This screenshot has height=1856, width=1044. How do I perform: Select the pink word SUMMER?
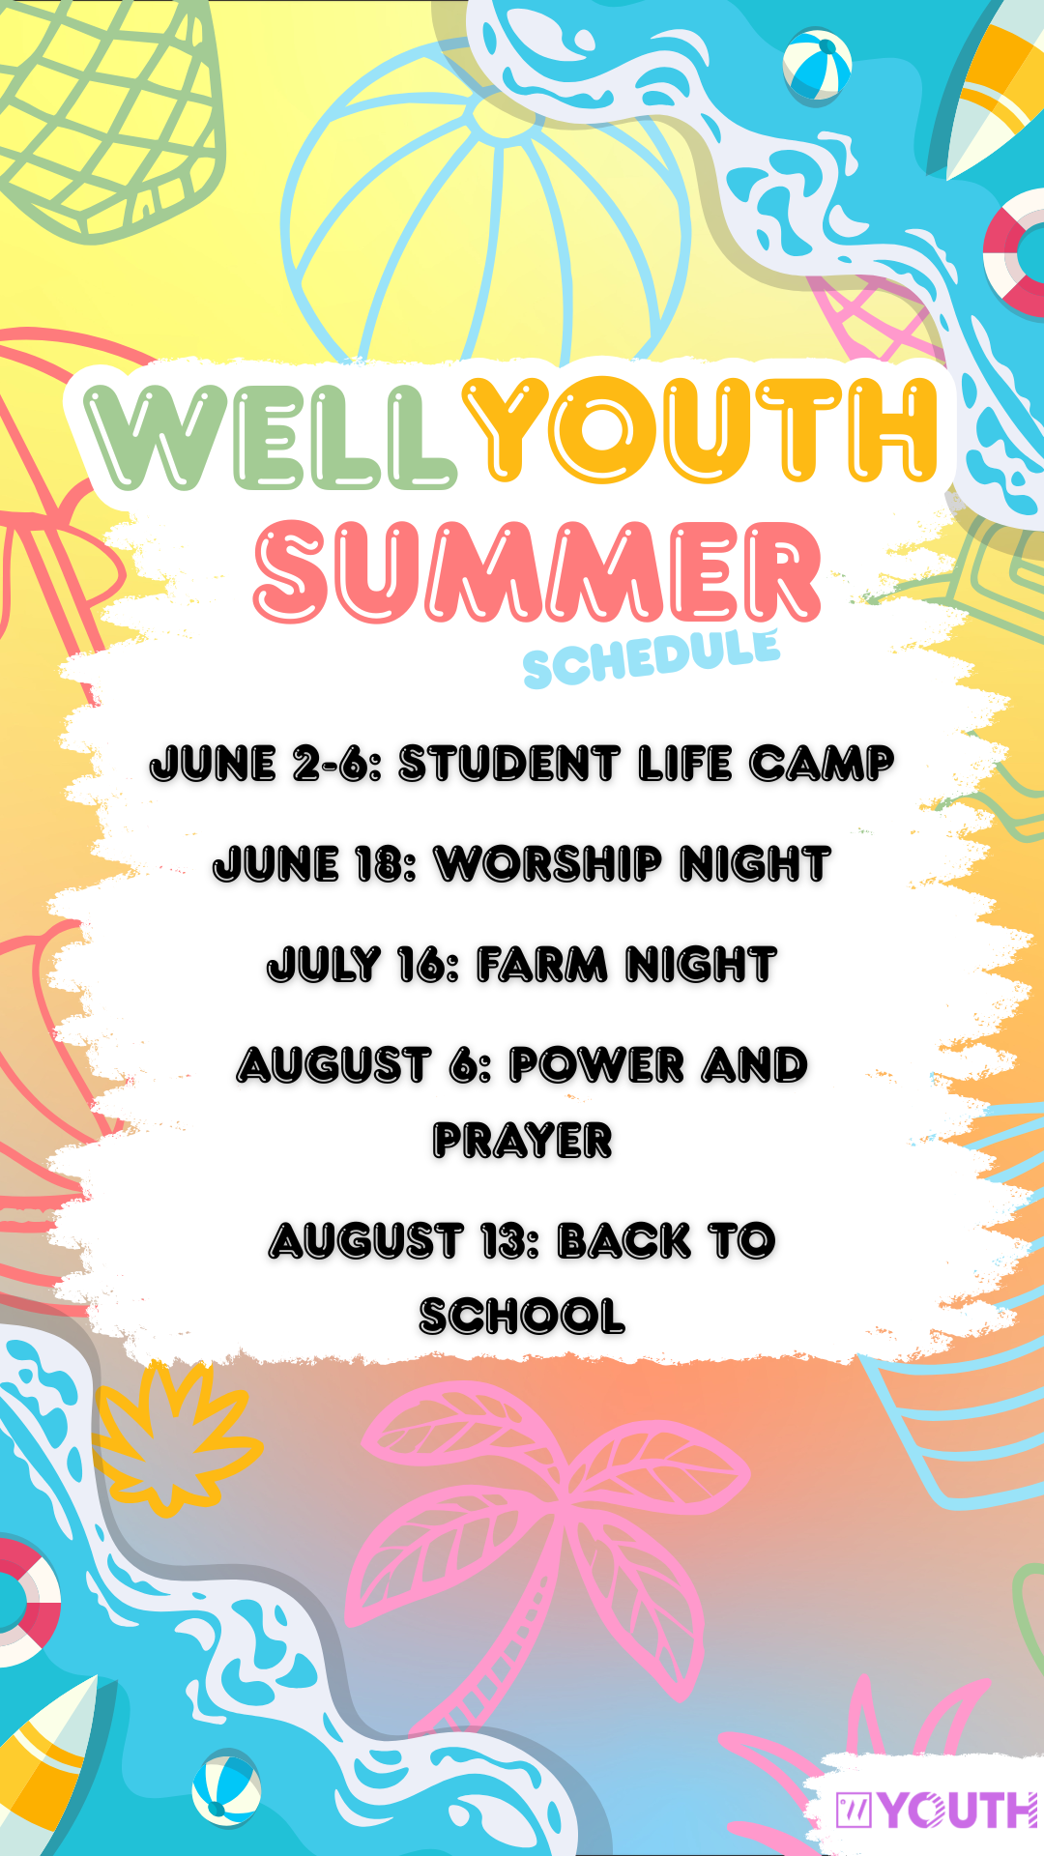coord(537,572)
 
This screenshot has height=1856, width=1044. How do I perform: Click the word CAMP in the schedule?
coord(822,764)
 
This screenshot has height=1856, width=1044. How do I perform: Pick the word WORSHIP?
coord(549,863)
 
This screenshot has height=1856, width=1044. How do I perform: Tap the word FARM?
coord(542,965)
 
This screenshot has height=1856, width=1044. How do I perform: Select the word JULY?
coord(325,965)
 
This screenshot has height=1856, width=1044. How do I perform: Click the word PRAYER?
coord(522,1141)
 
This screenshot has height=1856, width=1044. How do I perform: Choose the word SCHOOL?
coord(522,1317)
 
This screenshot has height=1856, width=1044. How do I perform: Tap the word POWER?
coord(597,1065)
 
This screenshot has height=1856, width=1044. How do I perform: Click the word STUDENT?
coord(509,764)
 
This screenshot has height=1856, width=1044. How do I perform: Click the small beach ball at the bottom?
coord(226,1788)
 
